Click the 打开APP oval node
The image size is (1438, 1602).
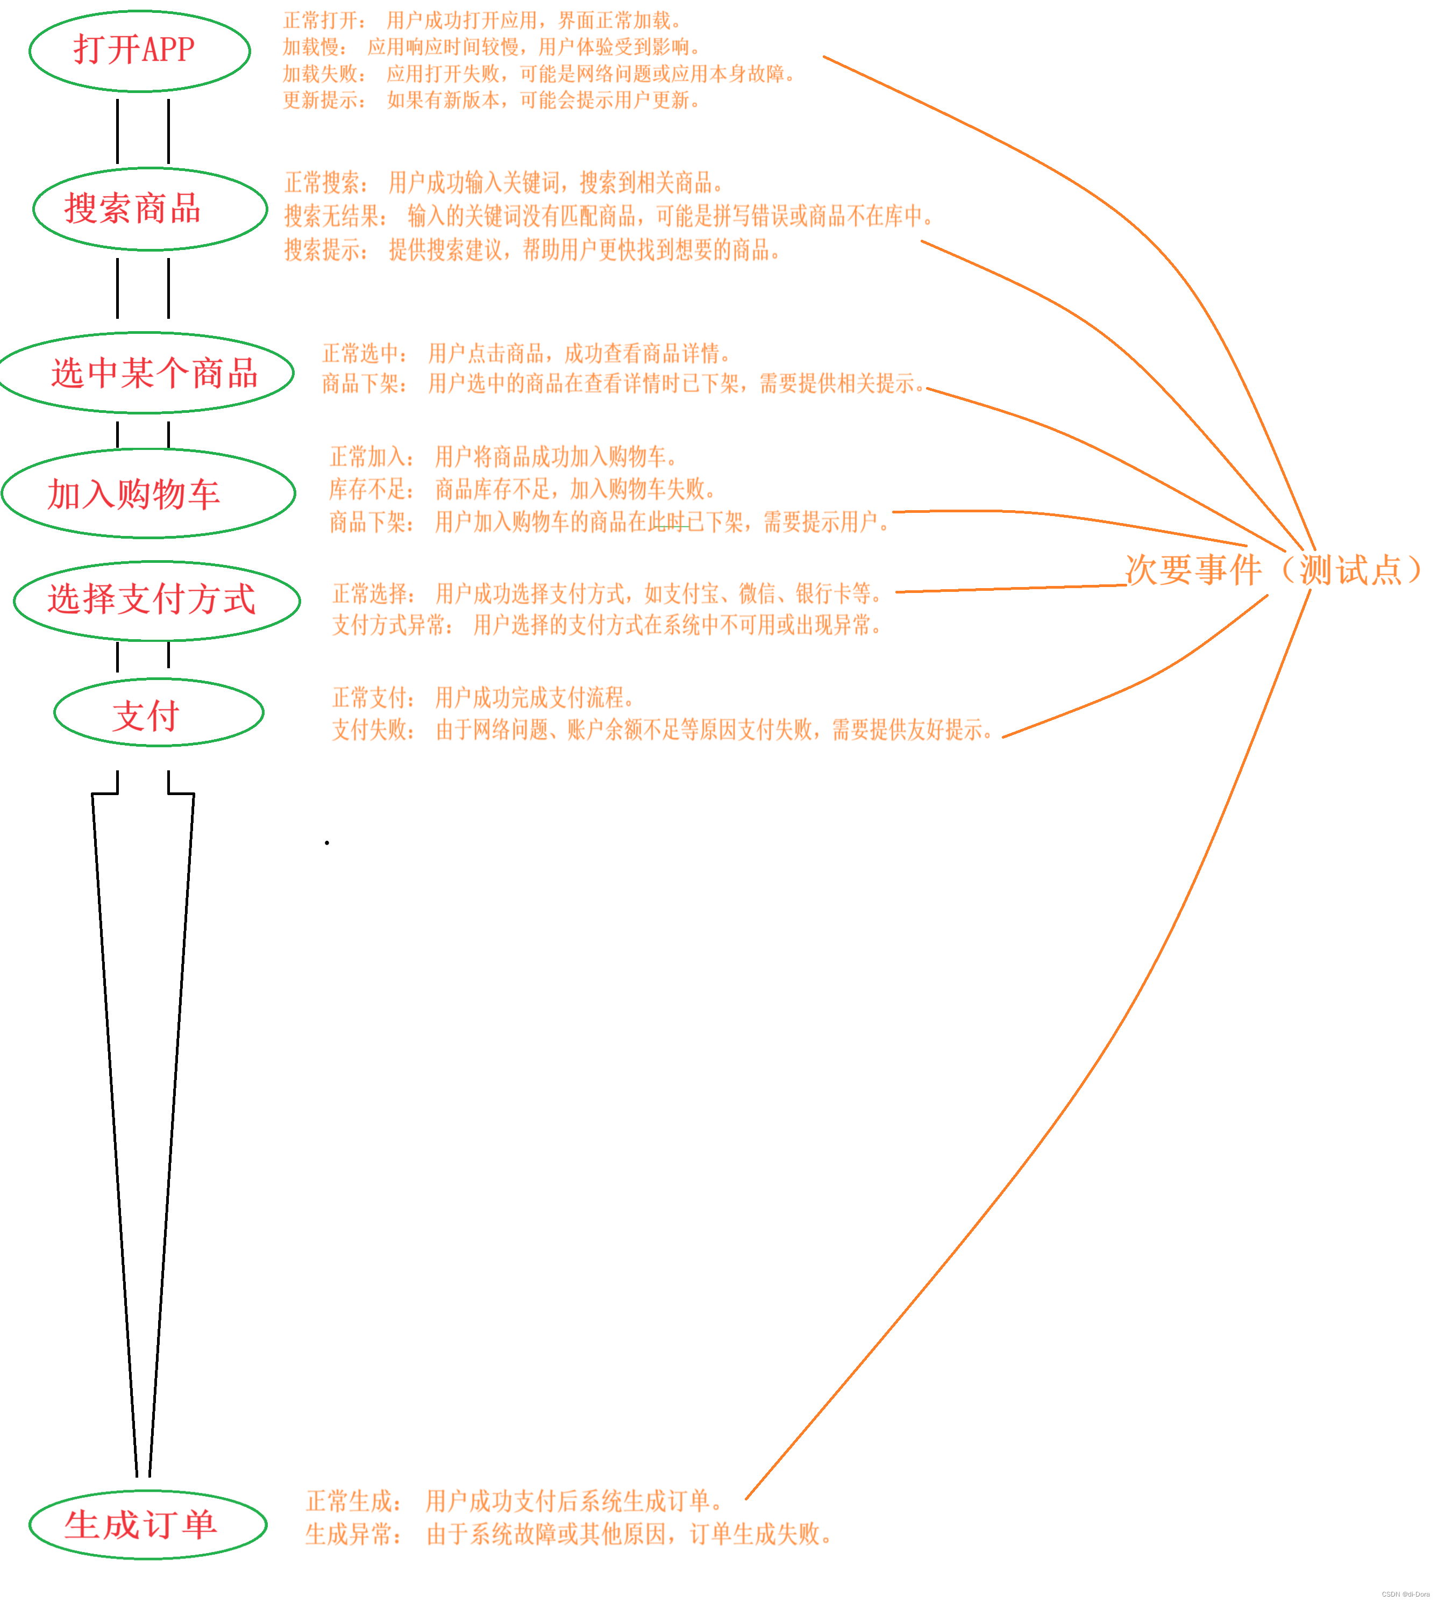[x=139, y=51]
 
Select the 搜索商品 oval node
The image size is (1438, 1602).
[x=150, y=209]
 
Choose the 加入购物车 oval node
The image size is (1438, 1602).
[x=148, y=494]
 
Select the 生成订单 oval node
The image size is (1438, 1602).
[x=148, y=1525]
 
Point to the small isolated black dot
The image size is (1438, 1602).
[x=326, y=843]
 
